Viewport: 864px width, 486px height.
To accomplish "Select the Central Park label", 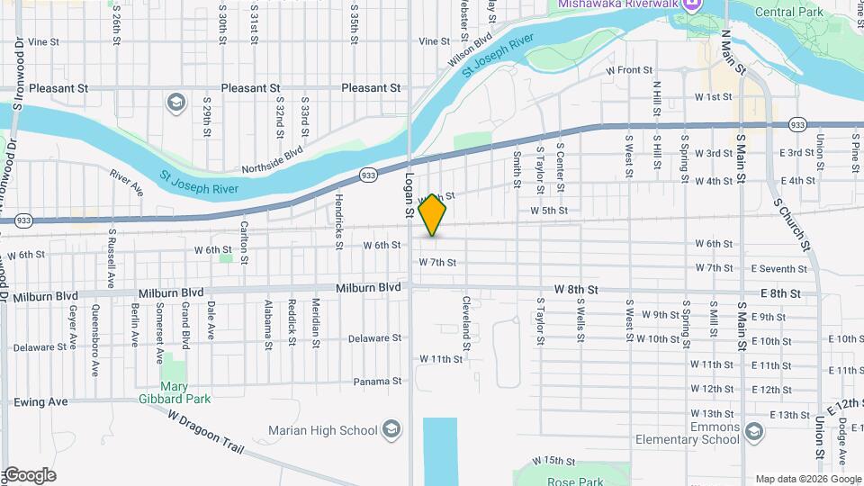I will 789,13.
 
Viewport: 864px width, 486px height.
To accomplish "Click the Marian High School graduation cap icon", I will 391,429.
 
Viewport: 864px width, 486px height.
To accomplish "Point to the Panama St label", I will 377,382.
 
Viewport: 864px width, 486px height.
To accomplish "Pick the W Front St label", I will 629,69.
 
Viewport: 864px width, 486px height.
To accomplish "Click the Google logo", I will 29,474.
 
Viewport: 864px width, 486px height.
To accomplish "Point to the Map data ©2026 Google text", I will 807,478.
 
